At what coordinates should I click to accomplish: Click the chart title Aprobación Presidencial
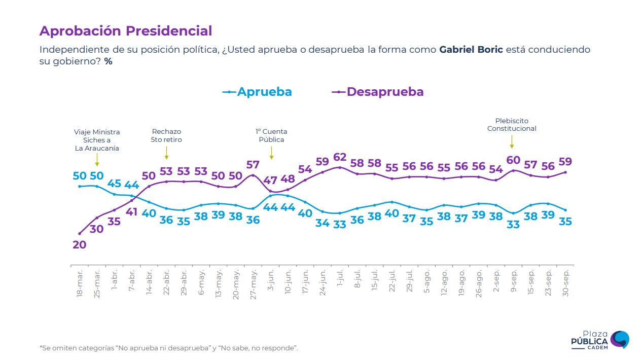125,31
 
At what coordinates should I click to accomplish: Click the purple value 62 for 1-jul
340,157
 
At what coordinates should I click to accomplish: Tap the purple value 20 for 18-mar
80,244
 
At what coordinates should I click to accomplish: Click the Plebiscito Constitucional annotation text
512,125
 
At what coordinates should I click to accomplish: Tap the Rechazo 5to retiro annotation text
166,135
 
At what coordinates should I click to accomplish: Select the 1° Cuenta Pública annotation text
271,135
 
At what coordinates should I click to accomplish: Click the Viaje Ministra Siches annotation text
97,140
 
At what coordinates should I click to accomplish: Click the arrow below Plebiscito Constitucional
512,141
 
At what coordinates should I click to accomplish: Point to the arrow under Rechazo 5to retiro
166,152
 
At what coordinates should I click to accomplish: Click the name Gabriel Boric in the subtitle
471,50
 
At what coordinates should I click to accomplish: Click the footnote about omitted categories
168,348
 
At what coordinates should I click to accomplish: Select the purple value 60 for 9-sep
513,160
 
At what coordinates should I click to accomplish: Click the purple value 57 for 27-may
253,165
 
